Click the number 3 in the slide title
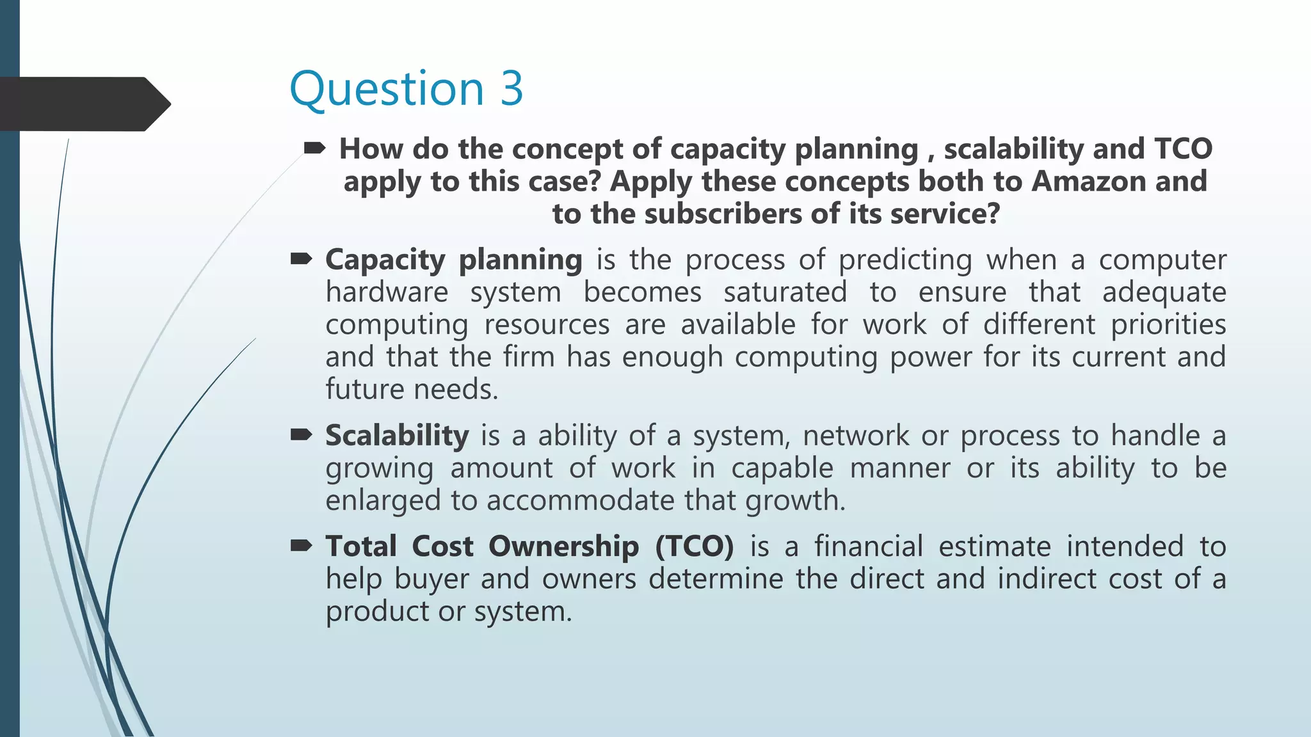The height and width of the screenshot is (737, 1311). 511,89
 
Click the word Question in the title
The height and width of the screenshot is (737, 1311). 387,90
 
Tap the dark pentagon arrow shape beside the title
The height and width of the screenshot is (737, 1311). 83,104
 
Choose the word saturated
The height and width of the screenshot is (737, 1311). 785,292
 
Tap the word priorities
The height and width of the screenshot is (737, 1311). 1168,324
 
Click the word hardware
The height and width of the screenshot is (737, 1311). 387,292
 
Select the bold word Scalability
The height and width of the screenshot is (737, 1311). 397,436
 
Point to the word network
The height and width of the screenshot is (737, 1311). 855,436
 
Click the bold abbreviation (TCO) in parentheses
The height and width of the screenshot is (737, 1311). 694,547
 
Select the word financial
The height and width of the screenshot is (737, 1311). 868,547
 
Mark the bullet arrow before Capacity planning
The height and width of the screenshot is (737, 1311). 301,259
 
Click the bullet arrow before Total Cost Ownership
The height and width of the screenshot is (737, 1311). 301,546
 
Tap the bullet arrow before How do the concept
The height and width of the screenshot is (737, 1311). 314,149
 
